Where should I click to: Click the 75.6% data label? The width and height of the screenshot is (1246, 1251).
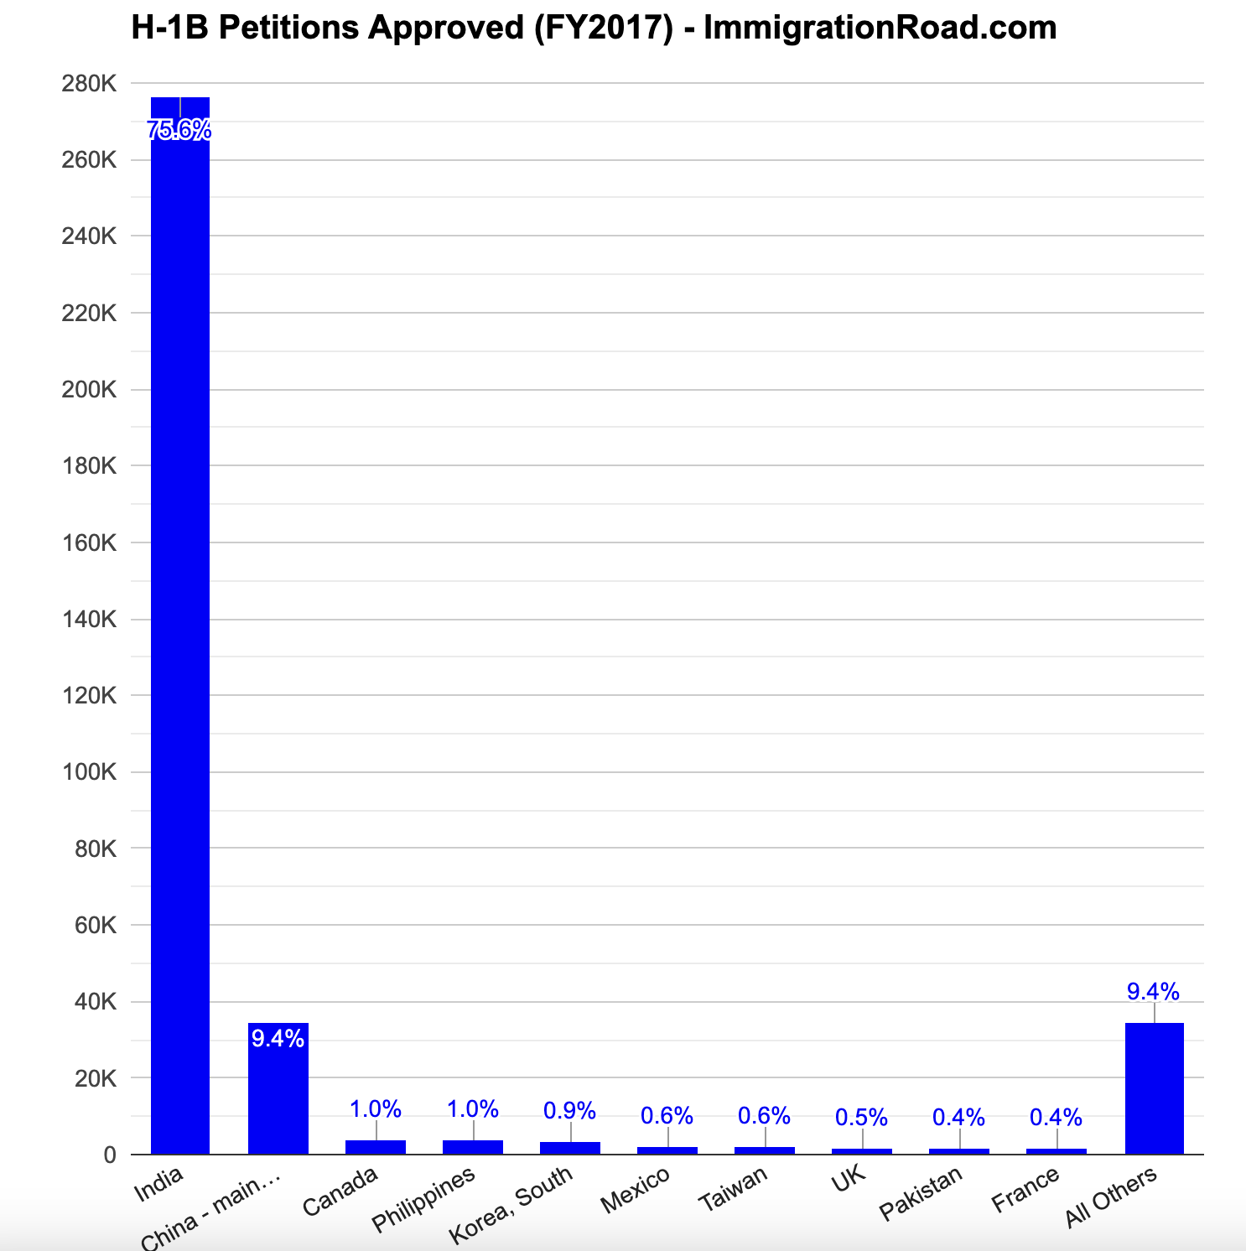click(179, 130)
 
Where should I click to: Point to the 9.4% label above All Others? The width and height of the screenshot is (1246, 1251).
click(1153, 992)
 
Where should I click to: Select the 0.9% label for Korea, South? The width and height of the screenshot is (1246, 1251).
click(569, 1111)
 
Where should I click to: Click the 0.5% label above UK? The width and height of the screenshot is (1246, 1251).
click(861, 1118)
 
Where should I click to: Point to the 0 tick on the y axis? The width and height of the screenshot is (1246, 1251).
click(110, 1155)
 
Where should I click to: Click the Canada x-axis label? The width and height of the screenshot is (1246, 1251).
click(340, 1191)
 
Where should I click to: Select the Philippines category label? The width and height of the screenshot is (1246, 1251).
click(423, 1200)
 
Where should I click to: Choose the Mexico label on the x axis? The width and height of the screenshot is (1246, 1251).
click(636, 1190)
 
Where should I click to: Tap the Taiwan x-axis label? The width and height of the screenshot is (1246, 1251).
click(733, 1189)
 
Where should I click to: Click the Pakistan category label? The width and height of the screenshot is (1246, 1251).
click(921, 1194)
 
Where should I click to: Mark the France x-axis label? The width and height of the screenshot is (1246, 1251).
click(1025, 1190)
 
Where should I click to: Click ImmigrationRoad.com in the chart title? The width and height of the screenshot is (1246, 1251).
click(880, 29)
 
